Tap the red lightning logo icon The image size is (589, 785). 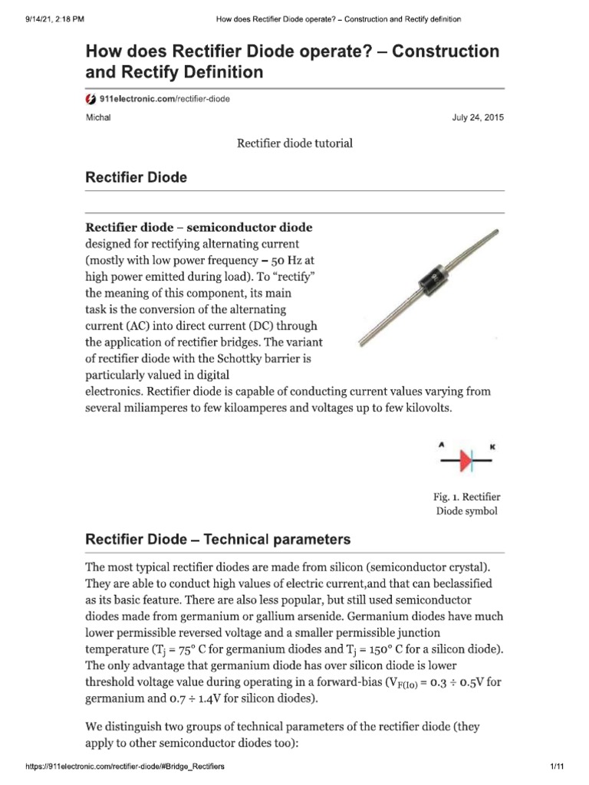pyautogui.click(x=90, y=100)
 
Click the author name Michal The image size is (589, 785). pyautogui.click(x=97, y=118)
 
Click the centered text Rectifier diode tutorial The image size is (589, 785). pyautogui.click(x=294, y=143)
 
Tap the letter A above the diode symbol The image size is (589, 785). pyautogui.click(x=442, y=444)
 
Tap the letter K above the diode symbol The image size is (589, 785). pyautogui.click(x=492, y=444)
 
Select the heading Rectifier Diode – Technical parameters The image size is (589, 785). pyautogui.click(x=218, y=539)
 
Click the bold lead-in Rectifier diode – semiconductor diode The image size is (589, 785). pyautogui.click(x=199, y=228)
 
